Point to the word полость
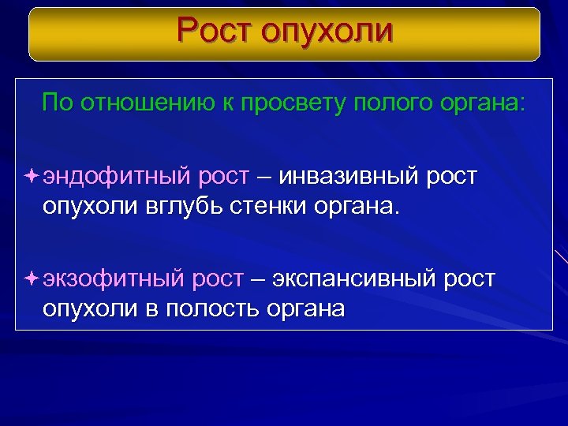pos(212,309)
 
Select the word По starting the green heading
pos(56,103)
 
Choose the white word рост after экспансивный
pos(470,278)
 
